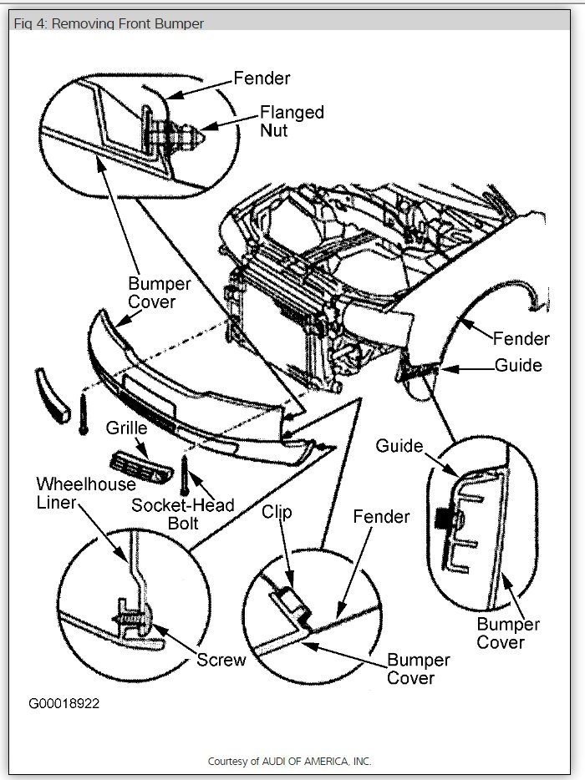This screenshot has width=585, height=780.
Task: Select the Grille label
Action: (126, 428)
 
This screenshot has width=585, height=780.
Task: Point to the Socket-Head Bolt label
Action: (183, 514)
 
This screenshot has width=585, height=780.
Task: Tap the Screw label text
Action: (221, 660)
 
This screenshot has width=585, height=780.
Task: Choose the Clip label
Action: (277, 511)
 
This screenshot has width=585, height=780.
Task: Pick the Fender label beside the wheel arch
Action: (521, 338)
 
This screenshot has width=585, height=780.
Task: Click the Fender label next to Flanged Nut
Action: (262, 79)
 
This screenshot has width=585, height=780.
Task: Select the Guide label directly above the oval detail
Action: (399, 446)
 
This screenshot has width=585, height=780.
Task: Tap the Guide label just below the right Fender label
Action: (518, 366)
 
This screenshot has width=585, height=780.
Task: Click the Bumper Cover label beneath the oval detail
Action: (508, 633)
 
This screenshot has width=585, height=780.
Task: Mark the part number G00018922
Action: (64, 703)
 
